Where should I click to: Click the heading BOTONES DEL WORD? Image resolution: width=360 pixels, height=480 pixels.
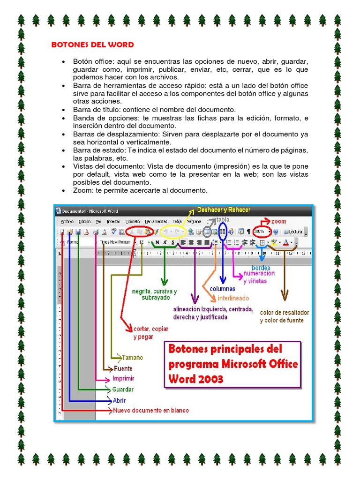click(x=92, y=45)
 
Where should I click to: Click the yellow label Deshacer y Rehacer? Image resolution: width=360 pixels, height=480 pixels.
click(x=224, y=210)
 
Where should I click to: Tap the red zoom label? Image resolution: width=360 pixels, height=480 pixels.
click(x=278, y=221)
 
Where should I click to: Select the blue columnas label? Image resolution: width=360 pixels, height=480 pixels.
click(x=222, y=289)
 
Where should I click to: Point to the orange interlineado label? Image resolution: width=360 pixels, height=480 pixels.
click(x=232, y=298)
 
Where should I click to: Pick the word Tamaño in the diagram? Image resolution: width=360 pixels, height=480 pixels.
click(x=133, y=357)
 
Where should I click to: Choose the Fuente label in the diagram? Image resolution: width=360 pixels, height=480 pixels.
click(x=123, y=368)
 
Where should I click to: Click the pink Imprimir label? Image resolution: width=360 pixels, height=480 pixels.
click(x=123, y=379)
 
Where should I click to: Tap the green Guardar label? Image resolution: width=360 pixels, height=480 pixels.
click(x=123, y=390)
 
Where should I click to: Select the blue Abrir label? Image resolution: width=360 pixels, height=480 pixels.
click(x=119, y=400)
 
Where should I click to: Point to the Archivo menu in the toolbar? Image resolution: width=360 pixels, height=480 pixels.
click(x=67, y=222)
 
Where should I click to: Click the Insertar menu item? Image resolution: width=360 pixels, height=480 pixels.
click(x=113, y=222)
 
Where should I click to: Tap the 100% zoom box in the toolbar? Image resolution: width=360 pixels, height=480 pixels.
click(x=261, y=232)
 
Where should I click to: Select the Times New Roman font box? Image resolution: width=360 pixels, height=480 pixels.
click(x=115, y=242)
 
